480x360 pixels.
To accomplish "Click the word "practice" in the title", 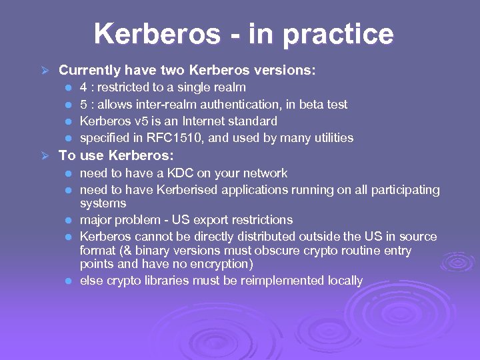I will (x=339, y=34).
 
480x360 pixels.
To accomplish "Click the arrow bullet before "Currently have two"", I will (x=45, y=70).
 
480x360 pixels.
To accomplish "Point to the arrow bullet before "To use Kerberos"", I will (x=45, y=156).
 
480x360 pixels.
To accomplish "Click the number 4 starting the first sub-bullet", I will (x=83, y=87).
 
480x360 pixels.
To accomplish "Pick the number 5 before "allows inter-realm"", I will (x=83, y=105).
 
